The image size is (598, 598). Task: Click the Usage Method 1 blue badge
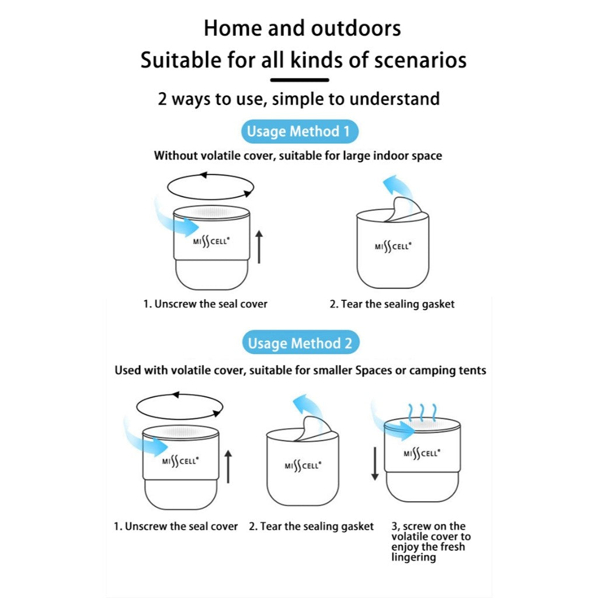(x=298, y=131)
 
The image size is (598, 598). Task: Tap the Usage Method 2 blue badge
(x=300, y=343)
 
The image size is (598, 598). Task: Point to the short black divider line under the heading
(x=300, y=79)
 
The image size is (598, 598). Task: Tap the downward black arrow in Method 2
(x=375, y=461)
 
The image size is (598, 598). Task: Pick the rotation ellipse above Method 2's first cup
(x=179, y=406)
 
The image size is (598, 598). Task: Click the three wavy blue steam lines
(x=422, y=412)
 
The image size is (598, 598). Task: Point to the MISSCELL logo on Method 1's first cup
(x=211, y=241)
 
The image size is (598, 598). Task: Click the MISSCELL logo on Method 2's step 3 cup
(x=422, y=453)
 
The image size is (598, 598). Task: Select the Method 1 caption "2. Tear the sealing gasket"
(x=392, y=304)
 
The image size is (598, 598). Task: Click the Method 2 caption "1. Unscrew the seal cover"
(x=176, y=526)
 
